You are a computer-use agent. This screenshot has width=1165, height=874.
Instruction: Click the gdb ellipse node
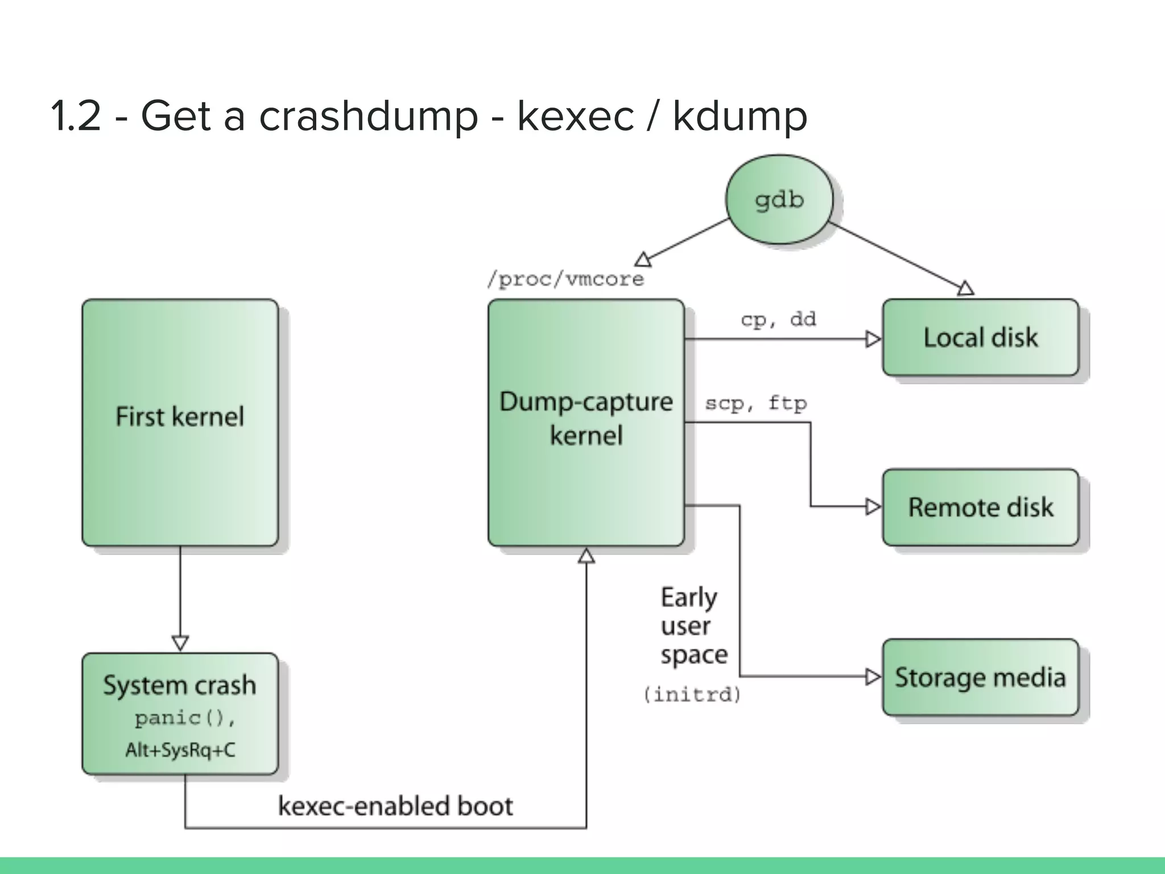[779, 200]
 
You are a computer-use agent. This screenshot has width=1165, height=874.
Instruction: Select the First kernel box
[180, 423]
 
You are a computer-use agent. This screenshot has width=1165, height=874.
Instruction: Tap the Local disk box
[980, 337]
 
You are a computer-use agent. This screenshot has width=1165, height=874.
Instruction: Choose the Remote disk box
[980, 507]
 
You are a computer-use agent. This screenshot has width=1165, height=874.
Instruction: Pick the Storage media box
[980, 677]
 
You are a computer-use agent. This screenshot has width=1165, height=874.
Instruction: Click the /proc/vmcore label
[565, 279]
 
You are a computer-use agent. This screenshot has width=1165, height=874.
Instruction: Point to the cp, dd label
[778, 319]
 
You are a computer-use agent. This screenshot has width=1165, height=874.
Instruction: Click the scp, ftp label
[755, 403]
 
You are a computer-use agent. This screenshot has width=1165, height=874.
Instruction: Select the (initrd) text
[692, 695]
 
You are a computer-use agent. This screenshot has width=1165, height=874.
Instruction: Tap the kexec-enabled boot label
[395, 806]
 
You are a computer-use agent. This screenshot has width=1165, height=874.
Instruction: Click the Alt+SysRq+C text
[180, 751]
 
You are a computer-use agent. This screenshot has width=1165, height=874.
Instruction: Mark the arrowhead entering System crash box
[180, 644]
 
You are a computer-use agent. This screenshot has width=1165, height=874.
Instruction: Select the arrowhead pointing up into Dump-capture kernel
[586, 556]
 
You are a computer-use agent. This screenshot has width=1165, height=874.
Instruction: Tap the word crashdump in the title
[368, 116]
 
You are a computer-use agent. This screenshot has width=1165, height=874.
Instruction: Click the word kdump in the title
[740, 116]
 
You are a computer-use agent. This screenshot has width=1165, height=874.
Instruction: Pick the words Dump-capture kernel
[586, 419]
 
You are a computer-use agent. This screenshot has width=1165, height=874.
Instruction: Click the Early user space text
[693, 626]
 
